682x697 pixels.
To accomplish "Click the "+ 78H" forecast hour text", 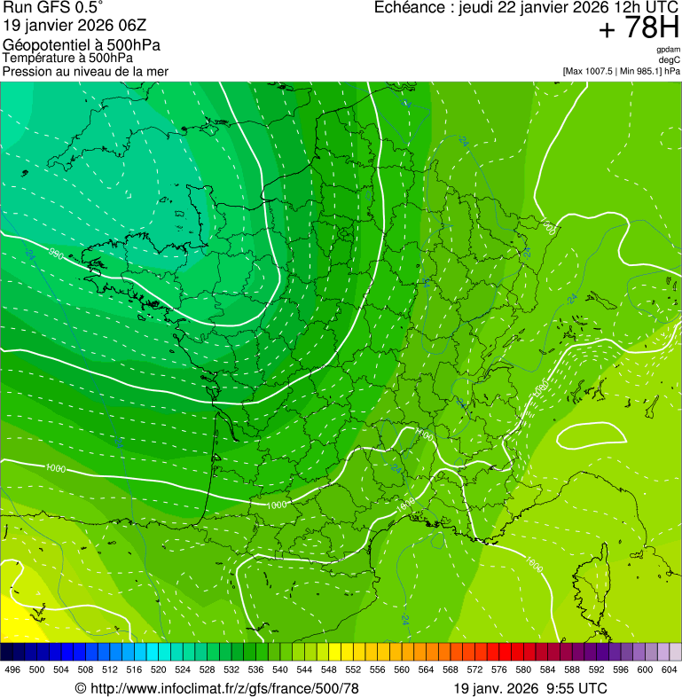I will click(x=638, y=28).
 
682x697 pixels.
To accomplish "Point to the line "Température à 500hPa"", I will click(x=67, y=58).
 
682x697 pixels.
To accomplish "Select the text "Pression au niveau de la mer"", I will click(x=85, y=71).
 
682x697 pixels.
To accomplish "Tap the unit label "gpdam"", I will click(x=667, y=50).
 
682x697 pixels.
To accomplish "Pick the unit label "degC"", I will click(x=670, y=59).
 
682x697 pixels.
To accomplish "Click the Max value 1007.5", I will click(x=599, y=71).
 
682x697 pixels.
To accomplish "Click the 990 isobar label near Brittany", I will click(x=56, y=255).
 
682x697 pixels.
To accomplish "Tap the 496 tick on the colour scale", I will click(x=12, y=669).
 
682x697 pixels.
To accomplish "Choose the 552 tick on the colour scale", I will click(x=353, y=669).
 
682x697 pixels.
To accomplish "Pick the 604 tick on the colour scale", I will click(x=670, y=669).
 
